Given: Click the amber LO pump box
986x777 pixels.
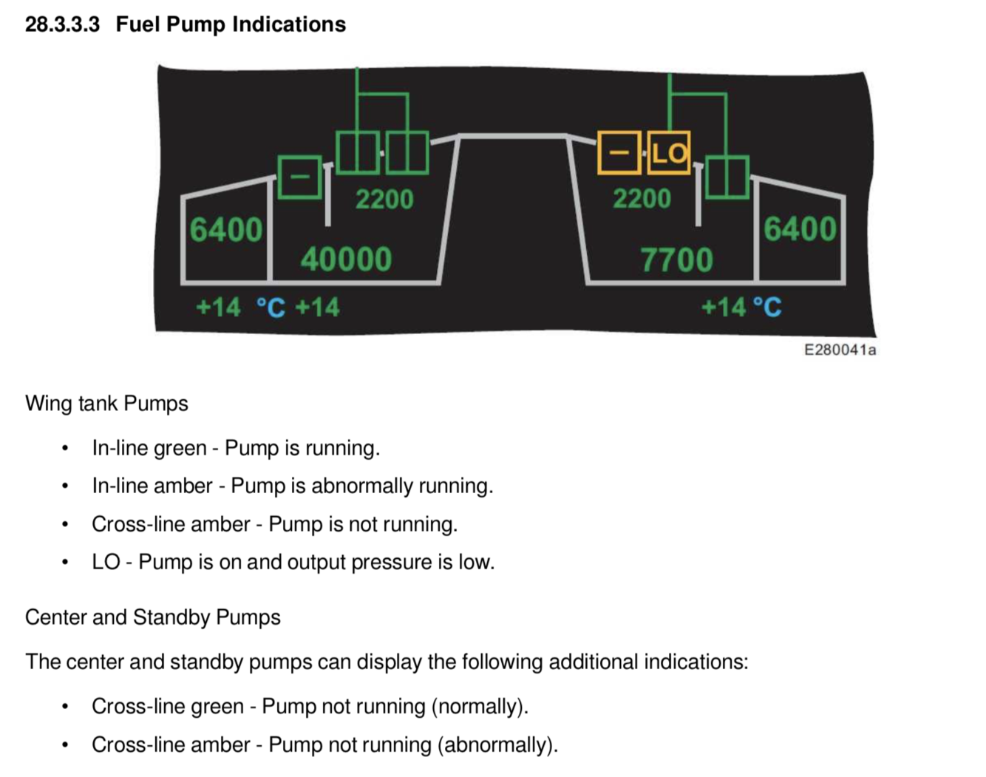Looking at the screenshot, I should (x=669, y=153).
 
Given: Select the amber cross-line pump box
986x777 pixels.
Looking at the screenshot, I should (x=619, y=153).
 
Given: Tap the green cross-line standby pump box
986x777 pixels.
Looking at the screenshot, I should (x=299, y=177).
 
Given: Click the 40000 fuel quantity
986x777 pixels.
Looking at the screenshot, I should (x=346, y=259).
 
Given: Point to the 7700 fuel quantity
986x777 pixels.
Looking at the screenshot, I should (x=676, y=260).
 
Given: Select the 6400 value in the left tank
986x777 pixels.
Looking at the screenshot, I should (x=225, y=230).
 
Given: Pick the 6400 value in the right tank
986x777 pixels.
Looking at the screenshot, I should (x=800, y=229).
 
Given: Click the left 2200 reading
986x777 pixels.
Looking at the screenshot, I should (x=384, y=200).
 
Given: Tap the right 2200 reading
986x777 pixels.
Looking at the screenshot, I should (x=642, y=199).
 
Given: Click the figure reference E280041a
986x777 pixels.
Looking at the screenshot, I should (x=840, y=350).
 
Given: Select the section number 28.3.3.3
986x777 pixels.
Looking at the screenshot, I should (x=62, y=24).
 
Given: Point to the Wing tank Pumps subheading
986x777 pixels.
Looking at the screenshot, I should (x=106, y=404).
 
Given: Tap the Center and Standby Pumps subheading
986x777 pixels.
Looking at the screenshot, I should (x=153, y=617).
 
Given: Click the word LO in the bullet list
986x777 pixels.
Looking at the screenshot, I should (x=106, y=562).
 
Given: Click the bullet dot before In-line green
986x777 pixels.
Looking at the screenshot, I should (x=66, y=448).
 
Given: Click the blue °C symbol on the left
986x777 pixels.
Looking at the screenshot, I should (x=271, y=308).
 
